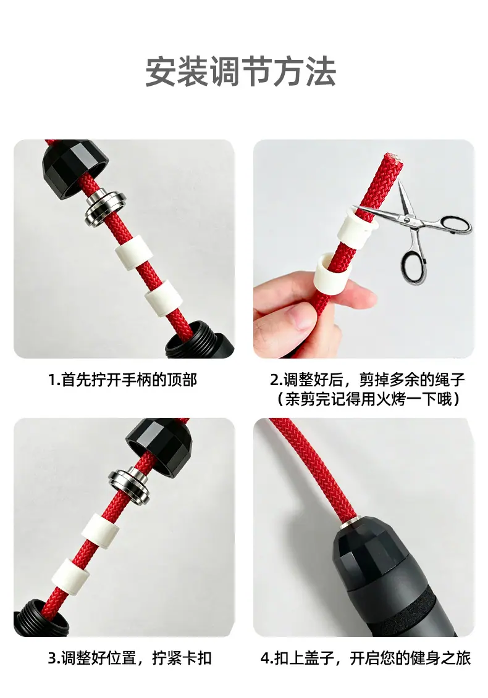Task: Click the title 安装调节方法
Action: pyautogui.click(x=241, y=72)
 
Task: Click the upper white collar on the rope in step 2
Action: pyautogui.click(x=356, y=229)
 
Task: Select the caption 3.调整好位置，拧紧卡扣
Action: pyautogui.click(x=129, y=658)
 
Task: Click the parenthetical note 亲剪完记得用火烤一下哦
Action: pyautogui.click(x=368, y=399)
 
